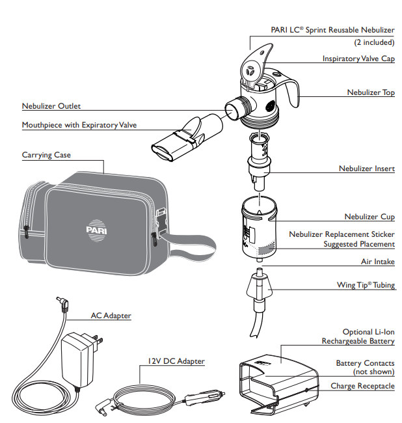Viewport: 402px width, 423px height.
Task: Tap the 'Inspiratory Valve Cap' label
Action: click(358, 59)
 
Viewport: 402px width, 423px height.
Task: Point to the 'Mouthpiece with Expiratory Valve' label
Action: click(79, 125)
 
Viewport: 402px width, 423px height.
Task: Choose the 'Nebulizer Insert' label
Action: click(366, 169)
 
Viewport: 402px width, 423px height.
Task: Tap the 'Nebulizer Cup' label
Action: click(369, 217)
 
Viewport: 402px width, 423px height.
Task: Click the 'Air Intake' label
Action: click(377, 262)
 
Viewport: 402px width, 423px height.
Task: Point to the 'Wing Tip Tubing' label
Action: click(365, 285)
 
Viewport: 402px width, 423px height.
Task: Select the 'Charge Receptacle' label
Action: click(362, 386)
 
